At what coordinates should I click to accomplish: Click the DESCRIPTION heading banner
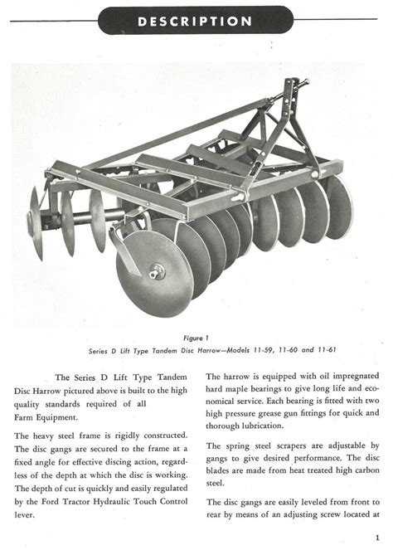coord(196,20)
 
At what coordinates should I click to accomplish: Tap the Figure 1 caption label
coord(196,338)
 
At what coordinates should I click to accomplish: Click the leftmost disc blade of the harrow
coord(36,222)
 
